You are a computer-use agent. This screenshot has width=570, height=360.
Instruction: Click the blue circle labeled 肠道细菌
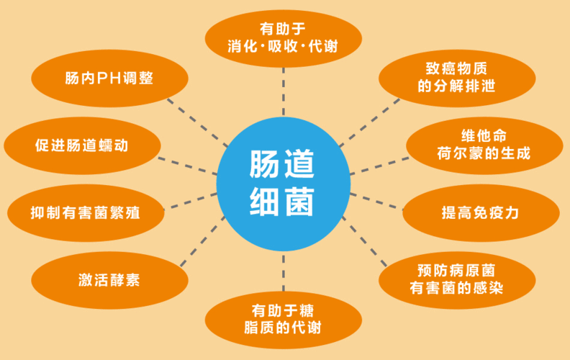283,184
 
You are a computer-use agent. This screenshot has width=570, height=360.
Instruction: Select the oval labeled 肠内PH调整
109,78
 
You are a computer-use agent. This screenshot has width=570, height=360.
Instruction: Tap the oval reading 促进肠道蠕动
82,145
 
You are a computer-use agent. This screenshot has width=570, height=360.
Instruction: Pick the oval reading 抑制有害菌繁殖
86,212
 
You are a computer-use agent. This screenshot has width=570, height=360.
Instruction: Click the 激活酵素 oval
109,280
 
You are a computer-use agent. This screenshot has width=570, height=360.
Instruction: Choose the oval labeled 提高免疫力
481,212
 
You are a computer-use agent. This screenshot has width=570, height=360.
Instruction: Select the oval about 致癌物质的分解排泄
457,78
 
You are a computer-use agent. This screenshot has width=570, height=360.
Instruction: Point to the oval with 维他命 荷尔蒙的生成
484,145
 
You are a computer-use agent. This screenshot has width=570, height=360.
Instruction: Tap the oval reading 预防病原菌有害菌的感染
457,280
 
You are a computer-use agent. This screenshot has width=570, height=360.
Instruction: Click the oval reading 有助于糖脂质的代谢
283,320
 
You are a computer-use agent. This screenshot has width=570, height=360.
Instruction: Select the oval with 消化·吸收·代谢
283,39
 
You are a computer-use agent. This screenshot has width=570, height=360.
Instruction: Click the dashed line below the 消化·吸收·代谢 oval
283,91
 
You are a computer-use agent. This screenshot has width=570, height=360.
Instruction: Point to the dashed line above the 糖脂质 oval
283,273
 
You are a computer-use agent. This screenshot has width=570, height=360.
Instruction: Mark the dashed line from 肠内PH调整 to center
197,122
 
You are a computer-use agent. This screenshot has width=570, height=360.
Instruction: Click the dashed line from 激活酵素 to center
203,241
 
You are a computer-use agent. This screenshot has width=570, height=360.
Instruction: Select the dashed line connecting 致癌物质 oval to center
370,122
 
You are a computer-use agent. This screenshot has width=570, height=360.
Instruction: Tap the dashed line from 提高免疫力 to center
376,202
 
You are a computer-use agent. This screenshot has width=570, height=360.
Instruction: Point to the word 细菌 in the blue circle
281,202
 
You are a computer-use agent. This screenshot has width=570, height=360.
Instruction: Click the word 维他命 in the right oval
484,136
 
